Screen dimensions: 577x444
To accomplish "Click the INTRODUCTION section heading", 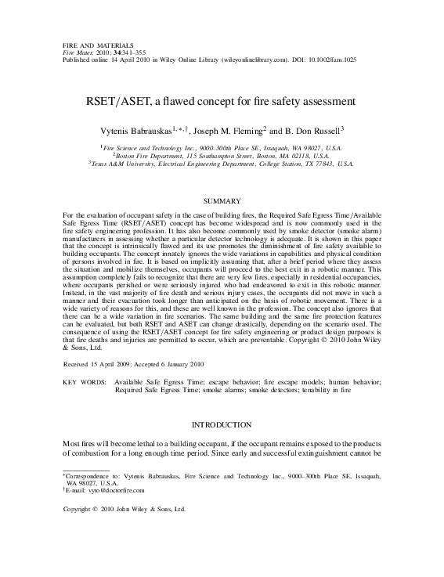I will click(x=222, y=424).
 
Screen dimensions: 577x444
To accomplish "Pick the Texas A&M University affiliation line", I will click(x=222, y=164).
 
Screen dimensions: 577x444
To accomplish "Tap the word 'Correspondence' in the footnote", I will click(x=86, y=475).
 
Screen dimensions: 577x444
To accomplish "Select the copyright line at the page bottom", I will click(x=124, y=509).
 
